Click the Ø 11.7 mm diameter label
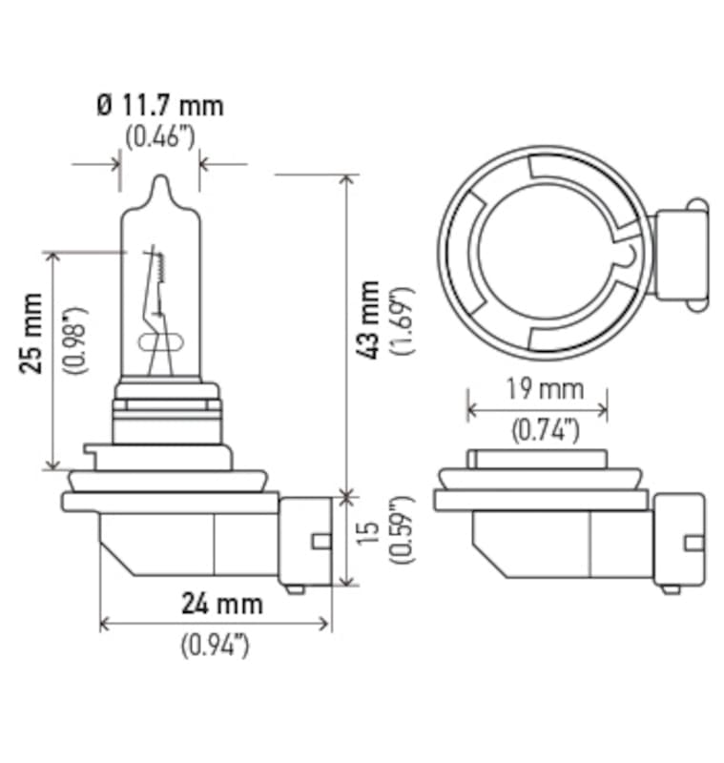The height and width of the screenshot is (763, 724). pos(160,104)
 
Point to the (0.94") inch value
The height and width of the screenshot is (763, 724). pos(215,645)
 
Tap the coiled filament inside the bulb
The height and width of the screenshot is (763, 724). pos(158,270)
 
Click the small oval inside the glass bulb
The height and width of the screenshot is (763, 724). pos(155,341)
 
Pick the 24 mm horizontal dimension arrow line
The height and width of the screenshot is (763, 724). pos(216,624)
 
